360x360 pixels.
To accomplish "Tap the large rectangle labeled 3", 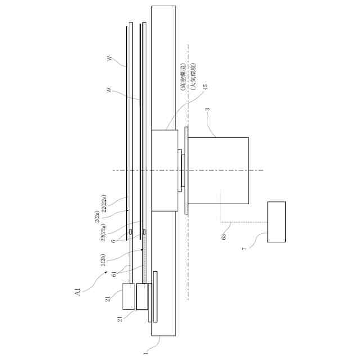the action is click(x=218, y=170).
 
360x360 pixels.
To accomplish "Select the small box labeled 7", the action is click(x=276, y=222).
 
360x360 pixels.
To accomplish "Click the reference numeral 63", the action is click(x=223, y=236).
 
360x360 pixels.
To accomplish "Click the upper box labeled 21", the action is click(x=129, y=296).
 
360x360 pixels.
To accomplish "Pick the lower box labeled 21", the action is click(x=142, y=296).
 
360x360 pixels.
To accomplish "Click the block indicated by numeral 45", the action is click(x=165, y=170).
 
